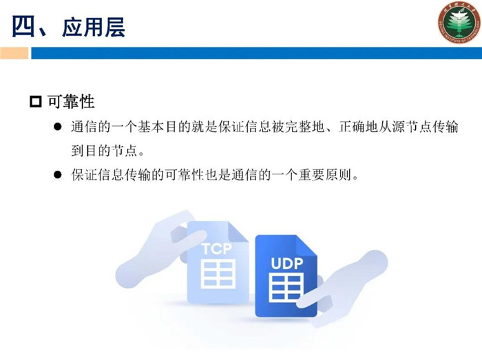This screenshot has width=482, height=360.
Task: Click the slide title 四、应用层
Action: (69, 27)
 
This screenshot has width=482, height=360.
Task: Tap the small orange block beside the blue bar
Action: (14, 53)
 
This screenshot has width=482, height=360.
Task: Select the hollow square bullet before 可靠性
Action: (36, 102)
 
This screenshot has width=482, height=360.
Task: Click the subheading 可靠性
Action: (71, 102)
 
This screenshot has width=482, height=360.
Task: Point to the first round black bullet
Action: (57, 127)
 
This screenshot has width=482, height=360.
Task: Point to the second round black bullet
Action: (57, 175)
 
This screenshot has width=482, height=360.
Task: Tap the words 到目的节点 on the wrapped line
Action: (104, 151)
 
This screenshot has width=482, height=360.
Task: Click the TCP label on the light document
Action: (217, 248)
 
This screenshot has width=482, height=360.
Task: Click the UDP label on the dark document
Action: (287, 264)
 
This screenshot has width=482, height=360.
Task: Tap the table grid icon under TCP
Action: (218, 274)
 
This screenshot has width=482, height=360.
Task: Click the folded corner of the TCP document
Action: (238, 232)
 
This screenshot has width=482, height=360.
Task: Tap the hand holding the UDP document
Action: (344, 288)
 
